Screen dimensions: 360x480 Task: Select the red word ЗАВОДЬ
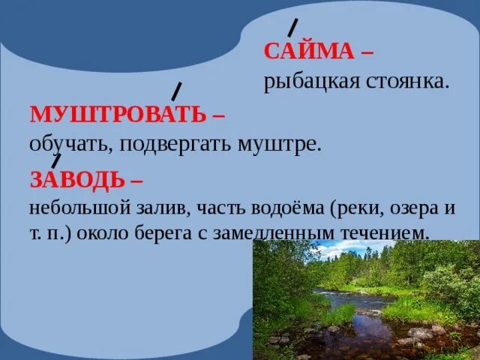click(77, 180)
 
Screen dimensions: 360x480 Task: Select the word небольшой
click(73, 207)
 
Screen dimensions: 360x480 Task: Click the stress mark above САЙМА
click(293, 28)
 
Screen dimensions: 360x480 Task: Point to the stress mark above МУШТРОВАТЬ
click(177, 91)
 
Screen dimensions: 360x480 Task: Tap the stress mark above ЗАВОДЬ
click(56, 160)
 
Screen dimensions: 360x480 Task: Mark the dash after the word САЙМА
click(366, 52)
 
